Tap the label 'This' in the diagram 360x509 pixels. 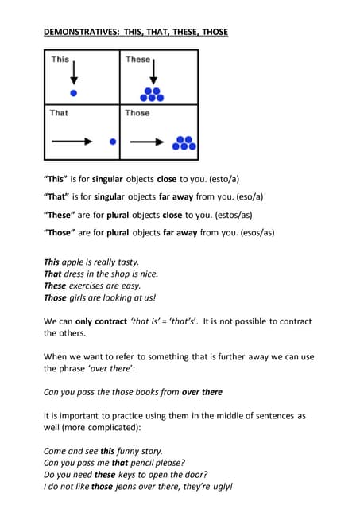[60, 60]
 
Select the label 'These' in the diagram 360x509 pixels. [137, 60]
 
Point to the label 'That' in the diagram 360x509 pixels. [59, 113]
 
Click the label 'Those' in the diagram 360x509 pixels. [137, 113]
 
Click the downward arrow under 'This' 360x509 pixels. [73, 72]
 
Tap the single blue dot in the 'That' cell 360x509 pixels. [113, 142]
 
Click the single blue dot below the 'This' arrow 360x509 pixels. [73, 92]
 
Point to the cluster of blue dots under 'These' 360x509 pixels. [152, 93]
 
